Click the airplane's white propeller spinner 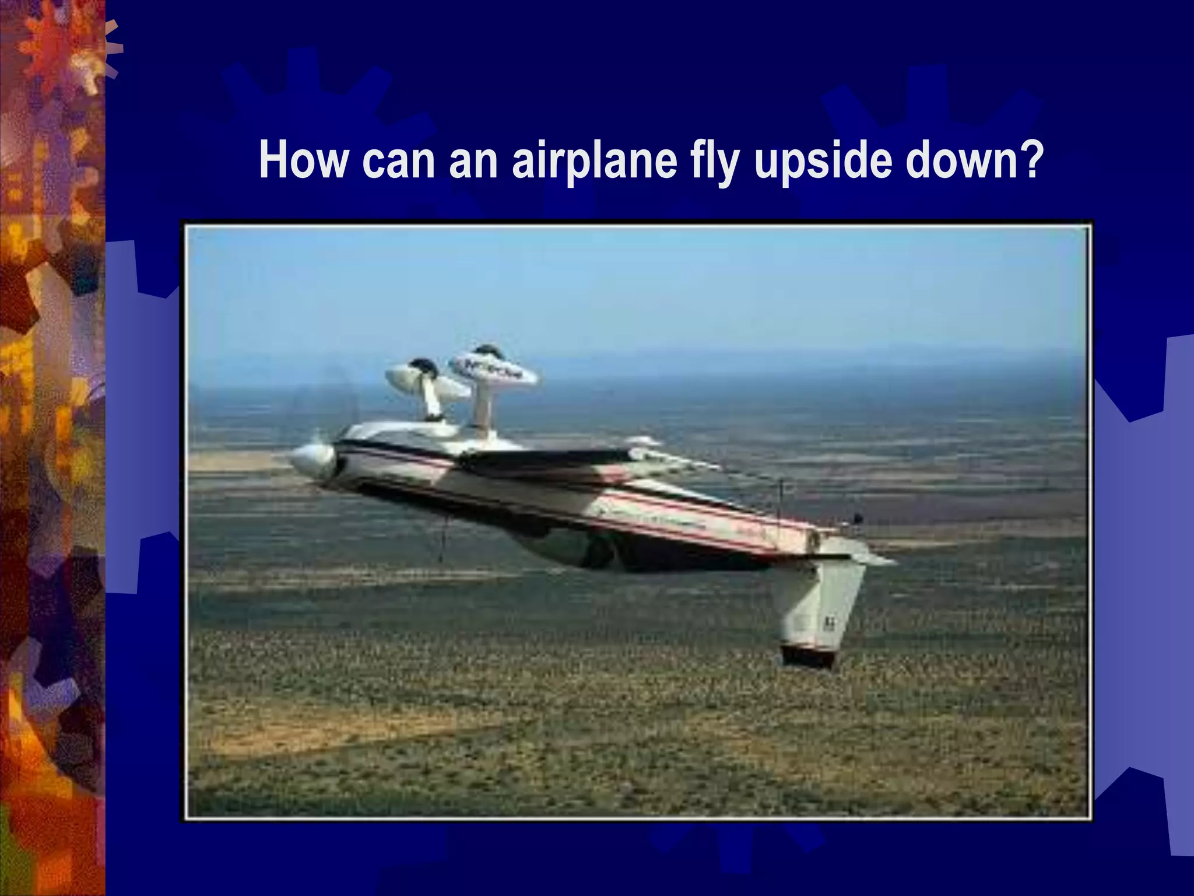312,461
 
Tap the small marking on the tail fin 828,624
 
